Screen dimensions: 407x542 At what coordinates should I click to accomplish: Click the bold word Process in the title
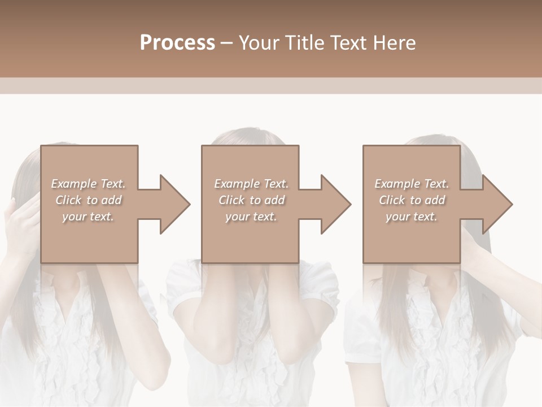pos(177,43)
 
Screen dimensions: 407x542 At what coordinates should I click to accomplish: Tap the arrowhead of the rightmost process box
pos(496,204)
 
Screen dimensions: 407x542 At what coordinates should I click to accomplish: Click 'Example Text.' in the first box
pos(88,184)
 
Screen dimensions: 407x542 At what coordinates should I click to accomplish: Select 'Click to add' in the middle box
pos(251,200)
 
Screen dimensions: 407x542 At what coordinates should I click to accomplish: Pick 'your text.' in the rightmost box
pos(412,217)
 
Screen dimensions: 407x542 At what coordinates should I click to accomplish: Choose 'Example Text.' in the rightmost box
pos(412,184)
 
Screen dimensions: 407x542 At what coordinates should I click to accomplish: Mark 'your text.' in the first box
pos(88,217)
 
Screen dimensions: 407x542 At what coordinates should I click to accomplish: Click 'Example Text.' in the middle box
pos(251,184)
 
